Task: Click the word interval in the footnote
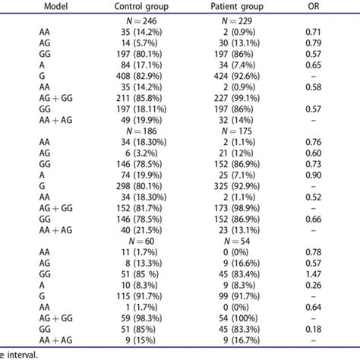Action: (20, 354)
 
